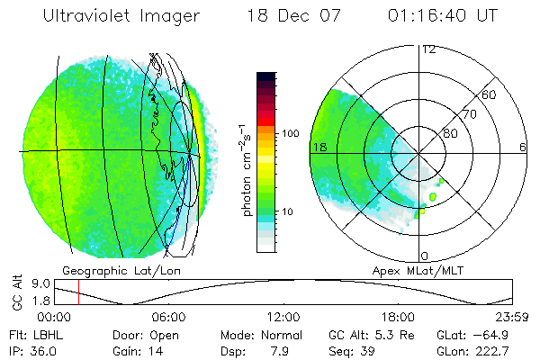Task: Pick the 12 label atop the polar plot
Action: click(x=428, y=49)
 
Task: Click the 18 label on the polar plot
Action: click(x=319, y=147)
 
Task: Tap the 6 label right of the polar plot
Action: click(x=523, y=147)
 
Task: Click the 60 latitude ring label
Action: click(x=490, y=94)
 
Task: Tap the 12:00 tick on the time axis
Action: click(x=283, y=317)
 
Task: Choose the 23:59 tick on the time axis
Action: click(x=510, y=317)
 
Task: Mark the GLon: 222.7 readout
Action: click(x=480, y=350)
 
